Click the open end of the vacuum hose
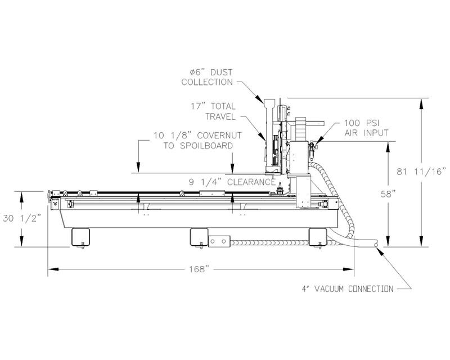tap(376, 244)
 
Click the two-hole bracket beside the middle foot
tap(220, 241)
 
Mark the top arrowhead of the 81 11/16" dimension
tap(421, 101)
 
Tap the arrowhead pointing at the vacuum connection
tap(383, 251)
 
